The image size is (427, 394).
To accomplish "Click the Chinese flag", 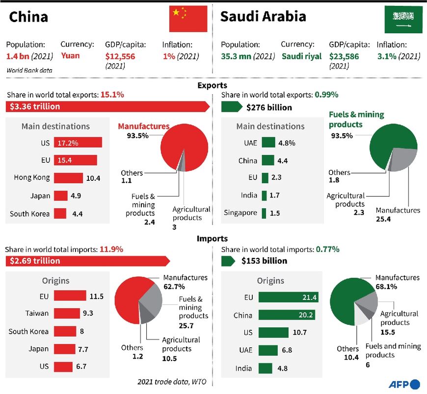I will pyautogui.click(x=188, y=19).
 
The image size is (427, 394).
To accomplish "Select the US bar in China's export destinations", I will pyautogui.click(x=78, y=143).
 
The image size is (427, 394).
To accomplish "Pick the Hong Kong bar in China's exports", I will pyautogui.click(x=68, y=178).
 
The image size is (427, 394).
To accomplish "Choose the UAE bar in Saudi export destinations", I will pyautogui.click(x=268, y=143).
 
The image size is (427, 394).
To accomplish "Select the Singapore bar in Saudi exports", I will pyautogui.click(x=264, y=213).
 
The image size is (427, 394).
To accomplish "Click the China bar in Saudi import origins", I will pyautogui.click(x=287, y=315).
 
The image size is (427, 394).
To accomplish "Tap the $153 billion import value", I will pyautogui.click(x=264, y=261).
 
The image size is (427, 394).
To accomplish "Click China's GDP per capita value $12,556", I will pyautogui.click(x=120, y=56).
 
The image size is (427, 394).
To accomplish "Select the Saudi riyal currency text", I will pyautogui.click(x=302, y=56).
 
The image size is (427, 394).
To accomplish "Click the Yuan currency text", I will pyautogui.click(x=71, y=56).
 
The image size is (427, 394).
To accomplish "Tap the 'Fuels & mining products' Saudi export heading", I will pyautogui.click(x=356, y=119).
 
